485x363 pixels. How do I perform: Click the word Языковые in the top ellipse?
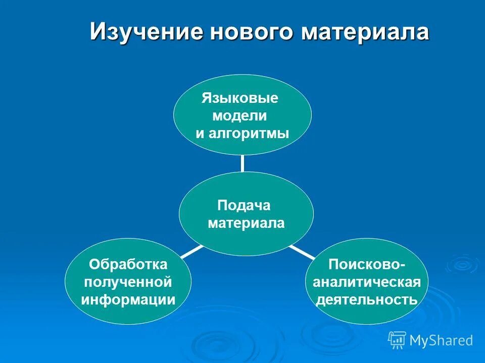tap(240, 97)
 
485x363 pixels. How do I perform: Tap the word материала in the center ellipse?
tap(246, 223)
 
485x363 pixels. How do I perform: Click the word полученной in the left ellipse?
tap(128, 282)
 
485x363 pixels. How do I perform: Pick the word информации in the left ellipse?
tap(128, 300)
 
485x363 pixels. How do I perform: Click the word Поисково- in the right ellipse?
tap(366, 264)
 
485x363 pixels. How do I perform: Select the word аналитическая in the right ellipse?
tap(366, 282)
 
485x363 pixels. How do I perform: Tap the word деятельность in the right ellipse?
tap(366, 300)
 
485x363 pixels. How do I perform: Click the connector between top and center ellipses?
tap(243, 163)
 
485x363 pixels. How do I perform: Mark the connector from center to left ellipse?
tap(191, 251)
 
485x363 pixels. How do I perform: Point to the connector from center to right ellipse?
tap(302, 251)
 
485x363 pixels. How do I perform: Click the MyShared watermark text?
tap(441, 341)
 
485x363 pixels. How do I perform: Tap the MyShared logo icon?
tap(397, 340)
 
